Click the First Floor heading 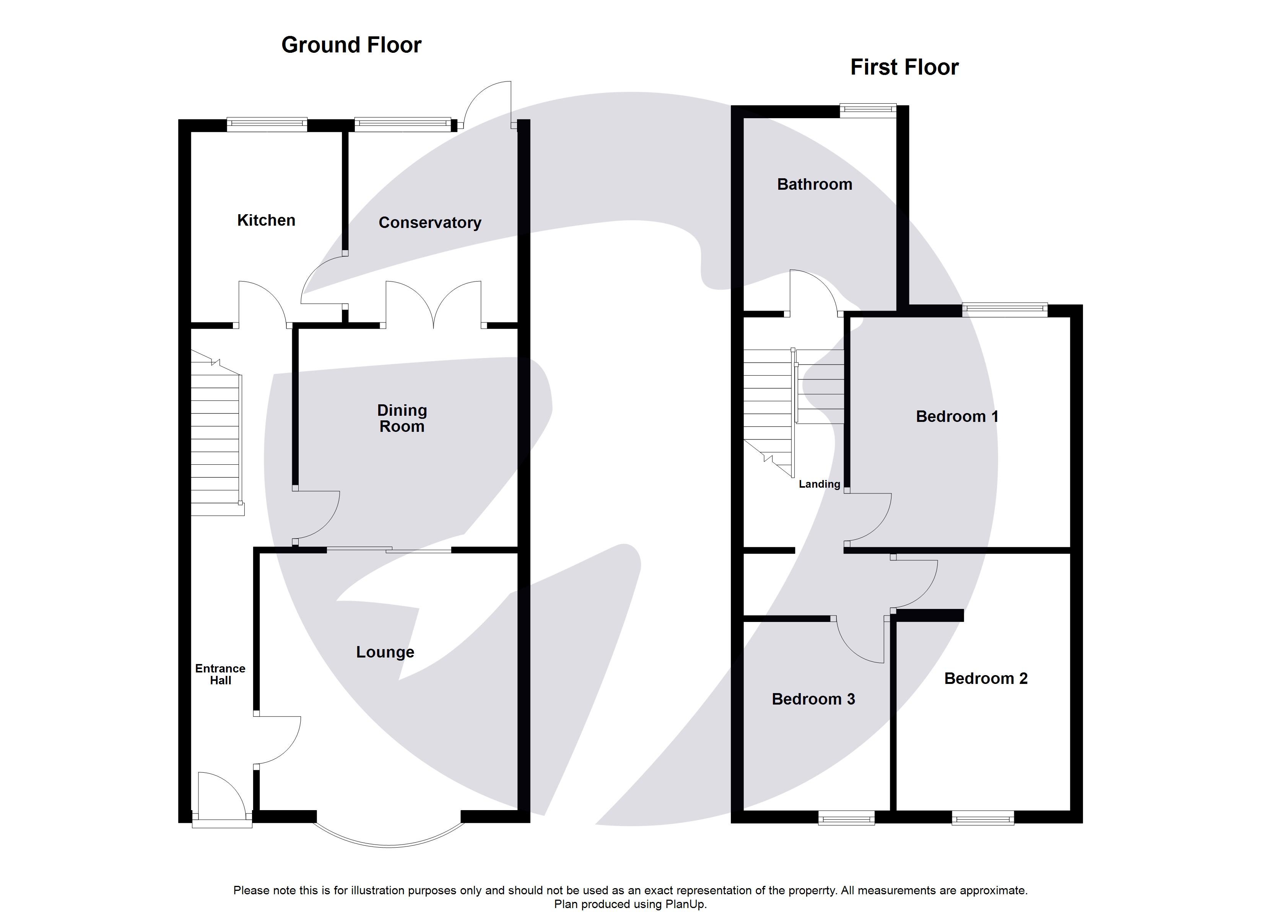point(904,67)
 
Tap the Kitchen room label point(266,220)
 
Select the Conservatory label point(429,223)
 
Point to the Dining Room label point(402,418)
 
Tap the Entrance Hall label point(220,674)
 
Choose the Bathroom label point(814,184)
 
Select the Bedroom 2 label point(986,679)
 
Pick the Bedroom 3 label point(813,699)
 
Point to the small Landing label point(819,484)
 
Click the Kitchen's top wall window point(267,124)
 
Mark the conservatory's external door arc point(484,103)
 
